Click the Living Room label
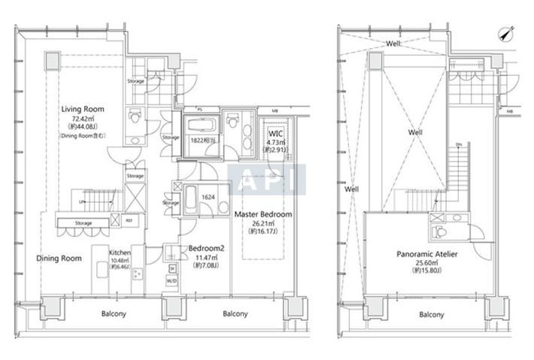[83, 109]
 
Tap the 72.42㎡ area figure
[83, 119]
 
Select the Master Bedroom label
[263, 214]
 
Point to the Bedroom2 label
[203, 248]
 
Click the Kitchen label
[121, 253]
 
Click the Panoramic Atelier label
[428, 255]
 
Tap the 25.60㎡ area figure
[428, 265]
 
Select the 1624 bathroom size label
[208, 197]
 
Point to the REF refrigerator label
[129, 220]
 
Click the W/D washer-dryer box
[172, 281]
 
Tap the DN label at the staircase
[459, 144]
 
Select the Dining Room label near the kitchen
[59, 259]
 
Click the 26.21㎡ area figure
[263, 224]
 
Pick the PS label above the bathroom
[200, 110]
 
